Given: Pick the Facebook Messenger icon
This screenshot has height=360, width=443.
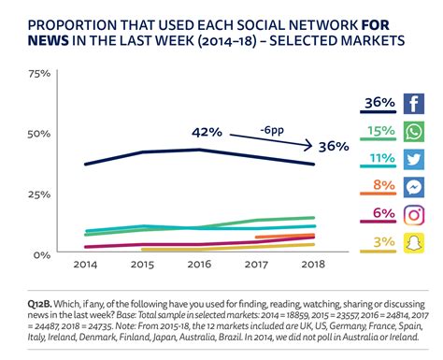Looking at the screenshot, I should [x=413, y=186].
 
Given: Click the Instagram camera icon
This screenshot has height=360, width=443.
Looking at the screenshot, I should [x=413, y=214].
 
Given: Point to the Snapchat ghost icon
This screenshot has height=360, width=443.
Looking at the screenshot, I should [x=413, y=243].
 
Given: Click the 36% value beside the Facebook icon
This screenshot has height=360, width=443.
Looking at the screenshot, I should [x=379, y=102].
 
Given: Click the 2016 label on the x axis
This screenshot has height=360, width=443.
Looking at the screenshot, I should [x=198, y=266].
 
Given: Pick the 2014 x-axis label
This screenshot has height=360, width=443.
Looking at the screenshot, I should [x=85, y=266].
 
